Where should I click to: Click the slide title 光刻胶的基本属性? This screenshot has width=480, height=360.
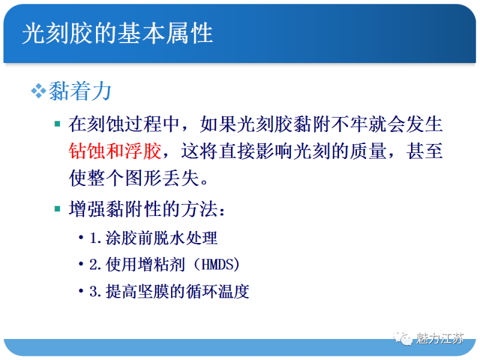(117, 34)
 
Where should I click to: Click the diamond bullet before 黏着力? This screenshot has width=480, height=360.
(38, 91)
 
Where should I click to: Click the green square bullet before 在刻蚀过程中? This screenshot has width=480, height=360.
(57, 125)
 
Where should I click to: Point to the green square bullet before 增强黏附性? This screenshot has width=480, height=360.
(57, 209)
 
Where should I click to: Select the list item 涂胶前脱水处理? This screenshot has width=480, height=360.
(161, 238)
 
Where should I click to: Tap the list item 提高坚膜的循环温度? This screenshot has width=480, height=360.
(176, 292)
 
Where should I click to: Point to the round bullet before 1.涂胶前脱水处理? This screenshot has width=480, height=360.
(81, 238)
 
